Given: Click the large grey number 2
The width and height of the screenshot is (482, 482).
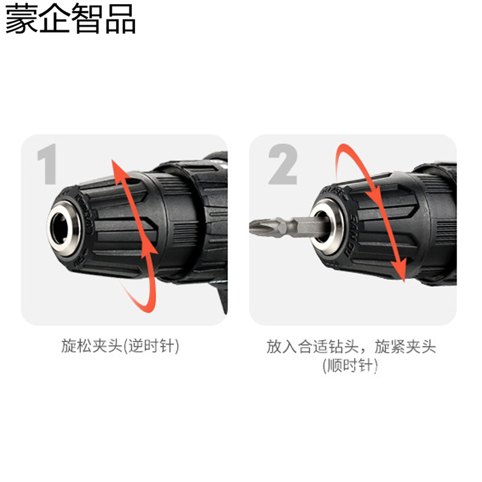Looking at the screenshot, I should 282,164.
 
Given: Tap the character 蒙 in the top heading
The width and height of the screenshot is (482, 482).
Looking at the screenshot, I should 20,20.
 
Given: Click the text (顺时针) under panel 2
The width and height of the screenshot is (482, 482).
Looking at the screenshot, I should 350,365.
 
